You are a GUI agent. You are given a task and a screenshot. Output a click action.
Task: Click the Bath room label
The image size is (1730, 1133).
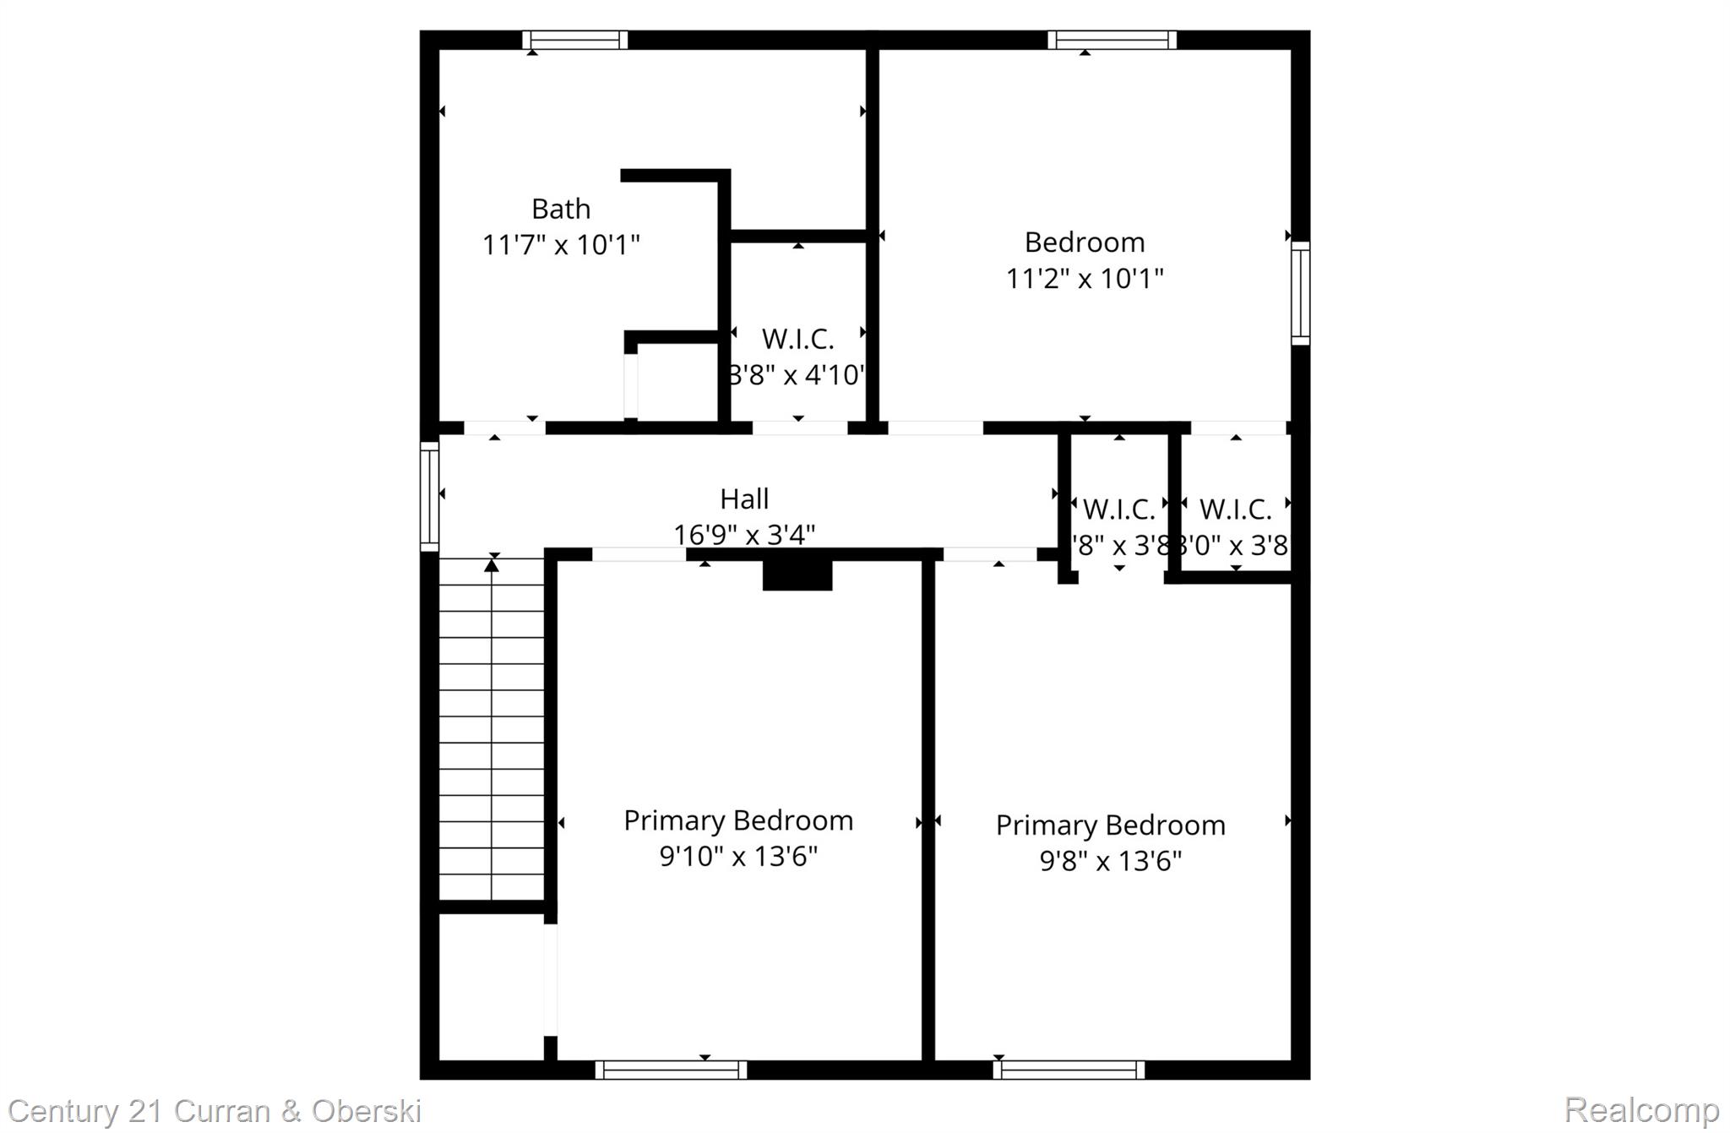(560, 209)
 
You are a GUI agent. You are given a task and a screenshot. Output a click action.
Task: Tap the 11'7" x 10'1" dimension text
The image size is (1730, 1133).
(560, 245)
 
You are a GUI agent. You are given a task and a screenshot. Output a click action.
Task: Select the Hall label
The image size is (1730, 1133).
(744, 499)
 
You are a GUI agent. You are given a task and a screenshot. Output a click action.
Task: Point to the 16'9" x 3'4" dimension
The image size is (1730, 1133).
(744, 535)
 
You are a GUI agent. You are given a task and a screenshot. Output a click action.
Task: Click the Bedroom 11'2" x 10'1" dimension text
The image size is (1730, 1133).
(1085, 278)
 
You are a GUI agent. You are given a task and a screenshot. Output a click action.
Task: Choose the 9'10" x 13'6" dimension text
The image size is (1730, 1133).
(738, 857)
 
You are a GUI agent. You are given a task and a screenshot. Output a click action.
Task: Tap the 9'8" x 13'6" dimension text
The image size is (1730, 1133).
(1110, 861)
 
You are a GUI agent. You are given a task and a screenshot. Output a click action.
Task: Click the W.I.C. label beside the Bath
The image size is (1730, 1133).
(797, 339)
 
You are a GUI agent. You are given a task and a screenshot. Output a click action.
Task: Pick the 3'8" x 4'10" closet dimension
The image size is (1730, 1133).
(797, 374)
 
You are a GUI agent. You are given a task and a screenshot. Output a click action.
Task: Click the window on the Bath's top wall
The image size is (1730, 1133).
(574, 40)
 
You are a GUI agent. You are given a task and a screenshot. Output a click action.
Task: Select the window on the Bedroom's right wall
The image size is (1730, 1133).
(1301, 293)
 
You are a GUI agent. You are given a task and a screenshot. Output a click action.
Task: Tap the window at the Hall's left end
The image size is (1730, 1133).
(429, 497)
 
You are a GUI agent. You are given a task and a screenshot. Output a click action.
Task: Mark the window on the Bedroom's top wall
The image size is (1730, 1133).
(1112, 40)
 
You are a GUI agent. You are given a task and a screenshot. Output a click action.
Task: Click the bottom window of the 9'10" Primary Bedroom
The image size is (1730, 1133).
(671, 1070)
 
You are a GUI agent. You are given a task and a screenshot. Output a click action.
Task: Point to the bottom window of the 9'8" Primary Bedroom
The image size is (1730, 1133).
(1069, 1070)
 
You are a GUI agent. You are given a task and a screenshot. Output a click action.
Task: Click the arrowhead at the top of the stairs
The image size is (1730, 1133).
(492, 564)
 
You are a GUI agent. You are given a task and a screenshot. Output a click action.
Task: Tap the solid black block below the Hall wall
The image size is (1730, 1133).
(797, 575)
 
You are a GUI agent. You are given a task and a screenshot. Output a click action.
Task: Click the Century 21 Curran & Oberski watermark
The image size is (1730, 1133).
(215, 1110)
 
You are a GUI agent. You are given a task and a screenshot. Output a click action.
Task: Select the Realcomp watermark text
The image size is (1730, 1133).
(1641, 1109)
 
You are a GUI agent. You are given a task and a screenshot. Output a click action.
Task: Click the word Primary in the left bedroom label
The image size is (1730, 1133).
(674, 821)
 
